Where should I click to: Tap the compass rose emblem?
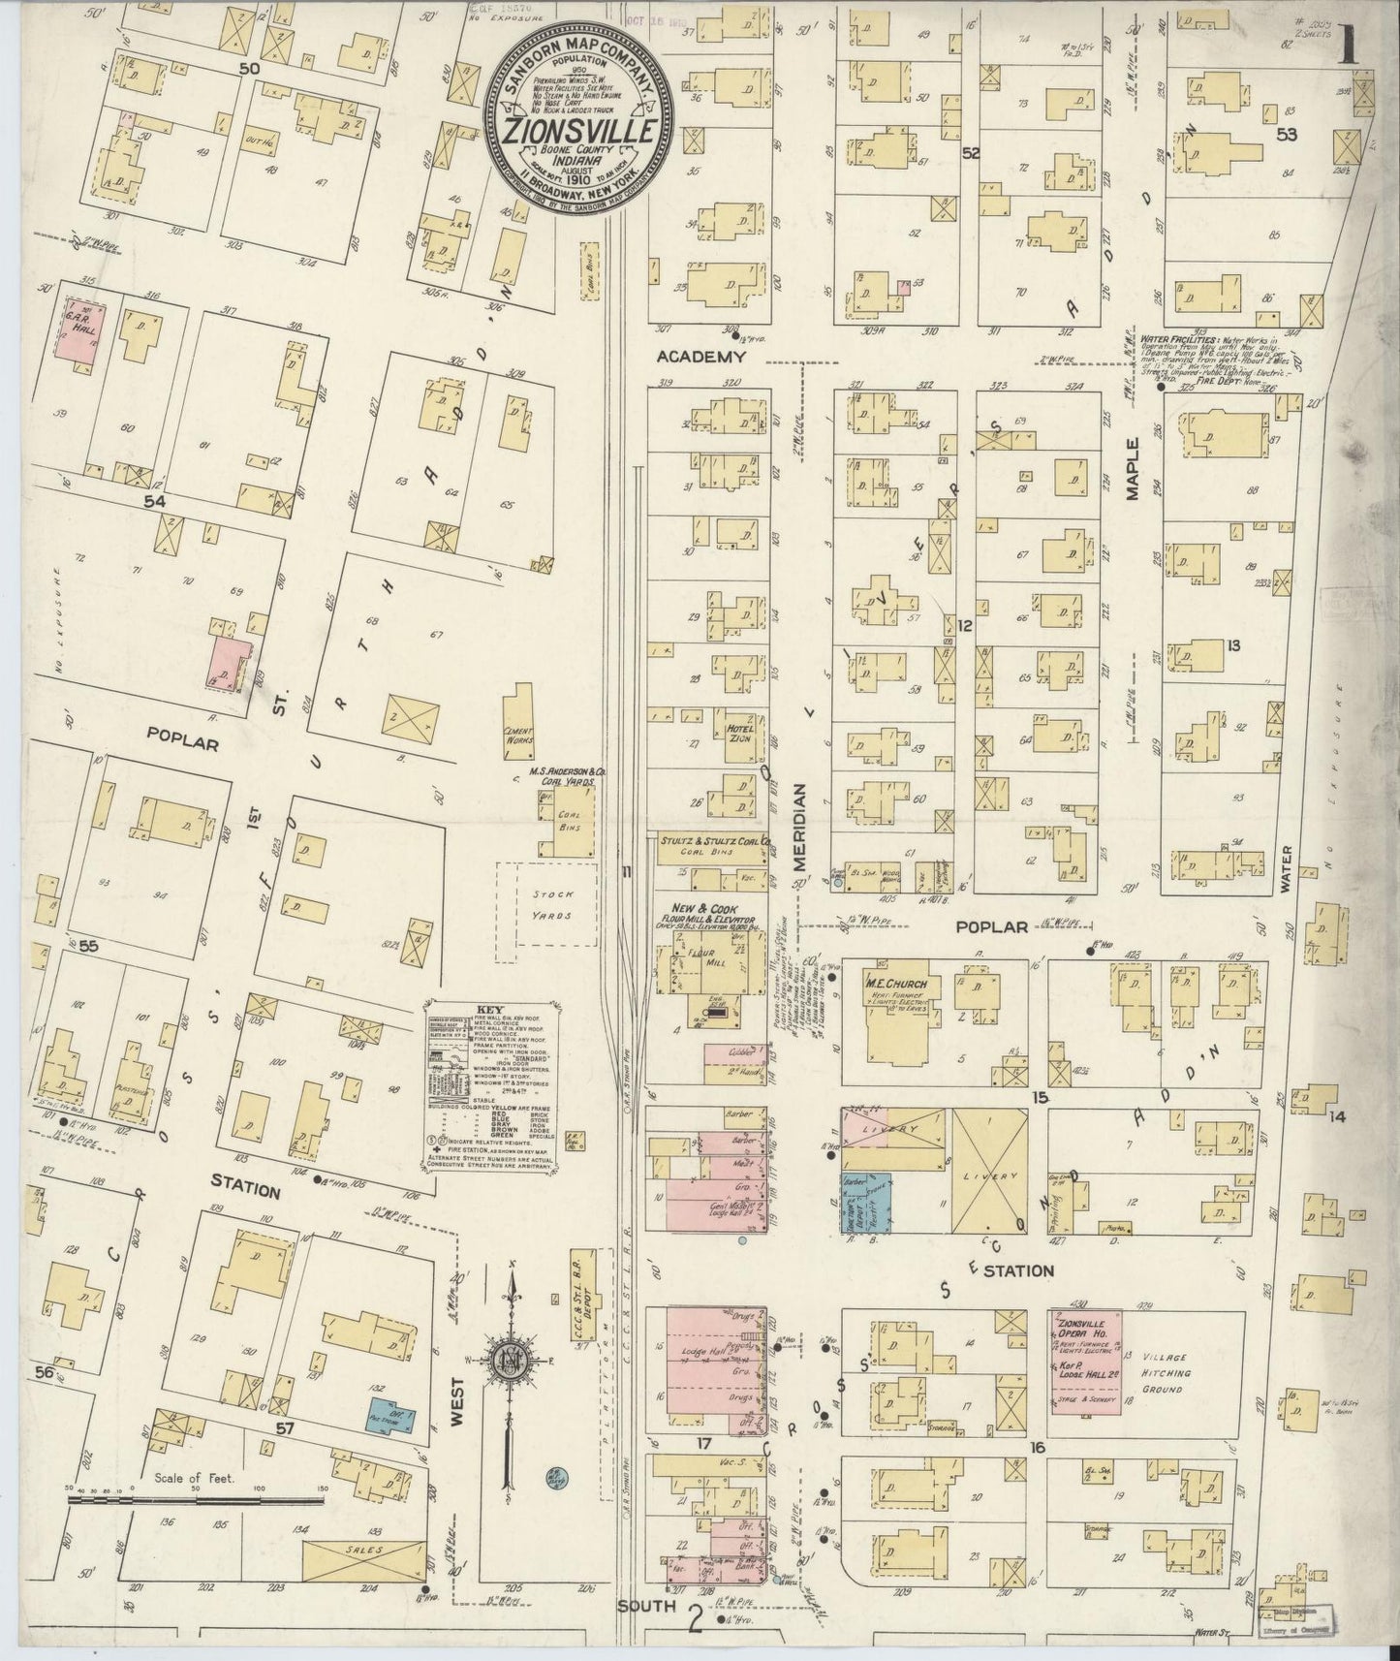click(x=507, y=1356)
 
